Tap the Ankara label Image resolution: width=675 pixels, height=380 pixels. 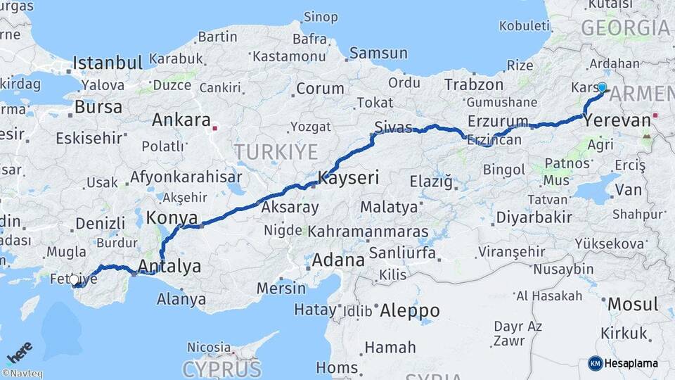pos(181,120)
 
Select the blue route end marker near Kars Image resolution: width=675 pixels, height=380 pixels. pos(602,88)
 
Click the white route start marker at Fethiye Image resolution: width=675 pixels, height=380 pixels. pos(74,280)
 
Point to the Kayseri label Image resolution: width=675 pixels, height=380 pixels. pos(349,178)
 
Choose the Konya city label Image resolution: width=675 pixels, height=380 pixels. pos(172,217)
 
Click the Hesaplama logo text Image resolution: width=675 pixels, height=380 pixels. pos(631,363)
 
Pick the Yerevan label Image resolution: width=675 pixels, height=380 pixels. pos(617,121)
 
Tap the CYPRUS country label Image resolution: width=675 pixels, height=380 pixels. pos(221,369)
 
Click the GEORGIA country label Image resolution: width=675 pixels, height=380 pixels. pos(625,28)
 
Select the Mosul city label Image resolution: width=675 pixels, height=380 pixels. pos(633,305)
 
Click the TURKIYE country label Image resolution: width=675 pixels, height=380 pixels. pos(276,151)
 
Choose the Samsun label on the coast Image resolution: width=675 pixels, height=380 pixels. pos(378,53)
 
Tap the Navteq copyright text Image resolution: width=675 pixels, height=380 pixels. pos(22,374)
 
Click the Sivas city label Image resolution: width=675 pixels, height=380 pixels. pos(393,127)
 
